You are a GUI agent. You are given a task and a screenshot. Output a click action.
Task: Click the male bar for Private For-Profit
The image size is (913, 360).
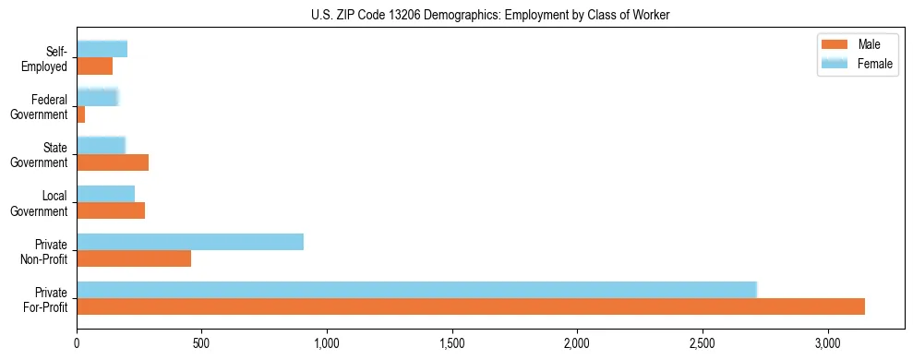471,306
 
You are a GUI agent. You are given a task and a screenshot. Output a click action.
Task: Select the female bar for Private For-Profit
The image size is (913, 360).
416,290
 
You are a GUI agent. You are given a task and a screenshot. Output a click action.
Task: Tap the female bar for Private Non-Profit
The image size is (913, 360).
190,242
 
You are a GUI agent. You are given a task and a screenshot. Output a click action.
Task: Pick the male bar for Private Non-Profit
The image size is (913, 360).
134,258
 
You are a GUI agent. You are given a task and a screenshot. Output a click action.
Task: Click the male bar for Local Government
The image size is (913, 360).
111,210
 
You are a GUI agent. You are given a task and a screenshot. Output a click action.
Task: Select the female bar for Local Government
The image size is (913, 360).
106,194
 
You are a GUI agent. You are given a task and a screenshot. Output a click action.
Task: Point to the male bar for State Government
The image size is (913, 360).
113,162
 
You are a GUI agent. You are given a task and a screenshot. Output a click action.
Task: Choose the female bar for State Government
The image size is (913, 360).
102,145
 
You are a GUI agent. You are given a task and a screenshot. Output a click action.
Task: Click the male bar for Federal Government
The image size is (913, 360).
81,114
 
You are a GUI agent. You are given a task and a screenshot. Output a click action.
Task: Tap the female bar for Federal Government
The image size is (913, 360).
98,97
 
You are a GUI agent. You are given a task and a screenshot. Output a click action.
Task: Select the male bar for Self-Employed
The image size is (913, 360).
95,66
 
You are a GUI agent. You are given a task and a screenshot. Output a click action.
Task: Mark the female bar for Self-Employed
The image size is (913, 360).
102,49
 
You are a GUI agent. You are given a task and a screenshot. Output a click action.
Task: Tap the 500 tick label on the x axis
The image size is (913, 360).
202,343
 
